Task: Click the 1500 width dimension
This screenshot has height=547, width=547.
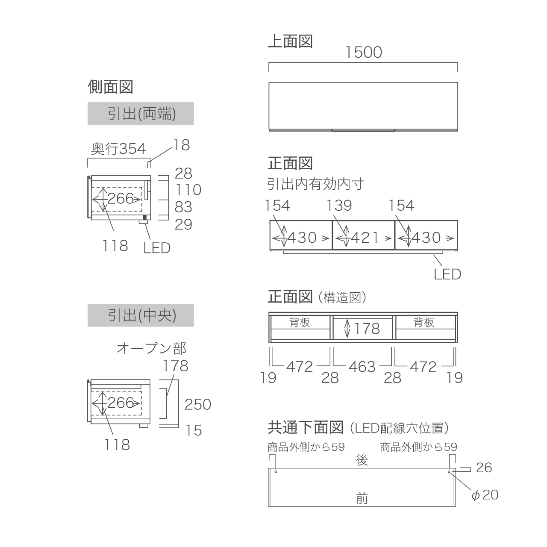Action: (364, 53)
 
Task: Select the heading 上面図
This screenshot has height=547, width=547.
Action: (291, 41)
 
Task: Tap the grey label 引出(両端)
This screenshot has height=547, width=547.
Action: (141, 114)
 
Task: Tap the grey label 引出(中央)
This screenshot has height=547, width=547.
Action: (141, 315)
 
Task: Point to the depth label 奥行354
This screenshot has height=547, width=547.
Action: (118, 148)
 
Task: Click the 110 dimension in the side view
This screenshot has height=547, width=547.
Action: (188, 190)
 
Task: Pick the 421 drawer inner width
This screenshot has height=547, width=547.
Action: (365, 238)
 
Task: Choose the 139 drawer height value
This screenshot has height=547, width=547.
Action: (339, 205)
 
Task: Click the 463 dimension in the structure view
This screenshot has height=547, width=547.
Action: (362, 367)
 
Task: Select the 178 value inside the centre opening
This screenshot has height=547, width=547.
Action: (367, 329)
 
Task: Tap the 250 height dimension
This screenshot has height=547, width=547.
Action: (198, 404)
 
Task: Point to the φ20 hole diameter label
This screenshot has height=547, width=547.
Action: (485, 495)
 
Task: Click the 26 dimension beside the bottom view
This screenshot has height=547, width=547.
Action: (484, 468)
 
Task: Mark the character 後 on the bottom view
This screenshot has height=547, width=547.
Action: (362, 460)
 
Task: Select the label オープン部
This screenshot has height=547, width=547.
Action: (151, 348)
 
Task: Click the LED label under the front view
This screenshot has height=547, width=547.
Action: (447, 274)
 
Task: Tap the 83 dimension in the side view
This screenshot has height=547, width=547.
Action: (183, 207)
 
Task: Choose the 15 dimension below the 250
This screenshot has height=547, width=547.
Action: (194, 430)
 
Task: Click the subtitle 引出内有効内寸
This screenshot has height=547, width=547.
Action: (316, 184)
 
